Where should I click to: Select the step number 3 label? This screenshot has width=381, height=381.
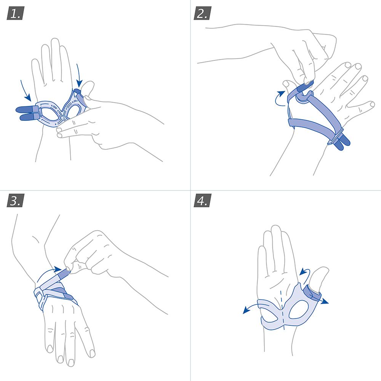[15, 201]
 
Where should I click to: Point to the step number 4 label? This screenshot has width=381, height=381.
[202, 201]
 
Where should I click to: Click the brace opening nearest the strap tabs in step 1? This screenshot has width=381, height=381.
[48, 113]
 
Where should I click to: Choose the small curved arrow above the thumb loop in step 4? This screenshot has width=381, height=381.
[303, 271]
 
